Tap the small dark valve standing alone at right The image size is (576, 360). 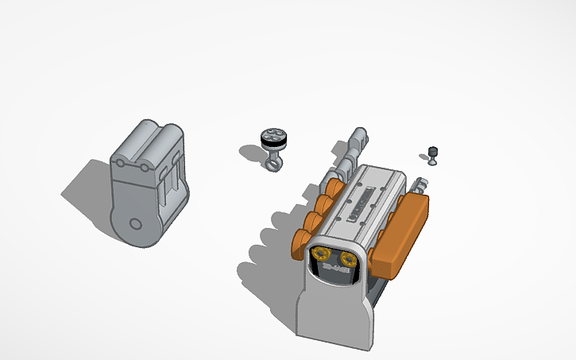pos(432,153)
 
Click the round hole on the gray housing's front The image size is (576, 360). pos(135,225)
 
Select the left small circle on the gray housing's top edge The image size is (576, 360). pos(121,163)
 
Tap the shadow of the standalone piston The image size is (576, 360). pos(250,149)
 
